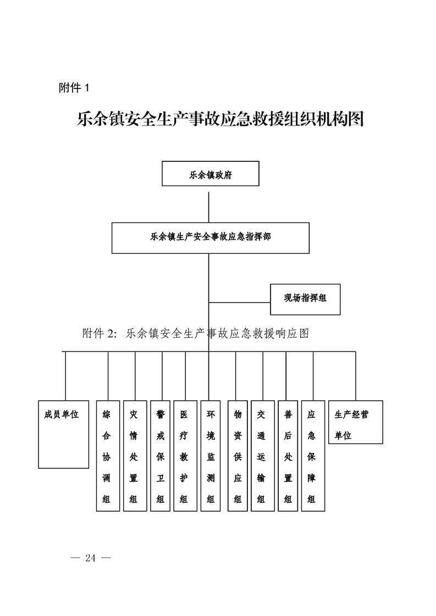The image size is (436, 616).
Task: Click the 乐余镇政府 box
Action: coord(210,173)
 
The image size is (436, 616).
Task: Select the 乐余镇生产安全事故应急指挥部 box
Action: coord(210,238)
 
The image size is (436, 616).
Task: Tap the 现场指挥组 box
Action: coord(305,299)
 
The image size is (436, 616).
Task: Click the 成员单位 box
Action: coord(63,434)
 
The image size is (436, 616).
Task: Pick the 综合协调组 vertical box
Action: coord(108,456)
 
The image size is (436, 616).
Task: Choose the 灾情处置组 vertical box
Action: coord(135,456)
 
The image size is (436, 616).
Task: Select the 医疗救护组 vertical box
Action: coord(185,456)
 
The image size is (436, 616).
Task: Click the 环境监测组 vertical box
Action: coord(211,456)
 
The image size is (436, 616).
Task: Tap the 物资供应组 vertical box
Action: coord(238,456)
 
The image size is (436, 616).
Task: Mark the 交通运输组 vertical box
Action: coord(262,456)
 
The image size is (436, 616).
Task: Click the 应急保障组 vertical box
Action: coord(313,456)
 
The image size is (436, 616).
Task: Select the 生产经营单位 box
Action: coord(355,422)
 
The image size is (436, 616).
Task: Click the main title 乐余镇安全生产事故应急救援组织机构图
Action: coord(220,119)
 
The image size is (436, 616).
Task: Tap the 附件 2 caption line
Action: coord(195,333)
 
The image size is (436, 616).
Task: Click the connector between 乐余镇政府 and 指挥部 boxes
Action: coord(209,204)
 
